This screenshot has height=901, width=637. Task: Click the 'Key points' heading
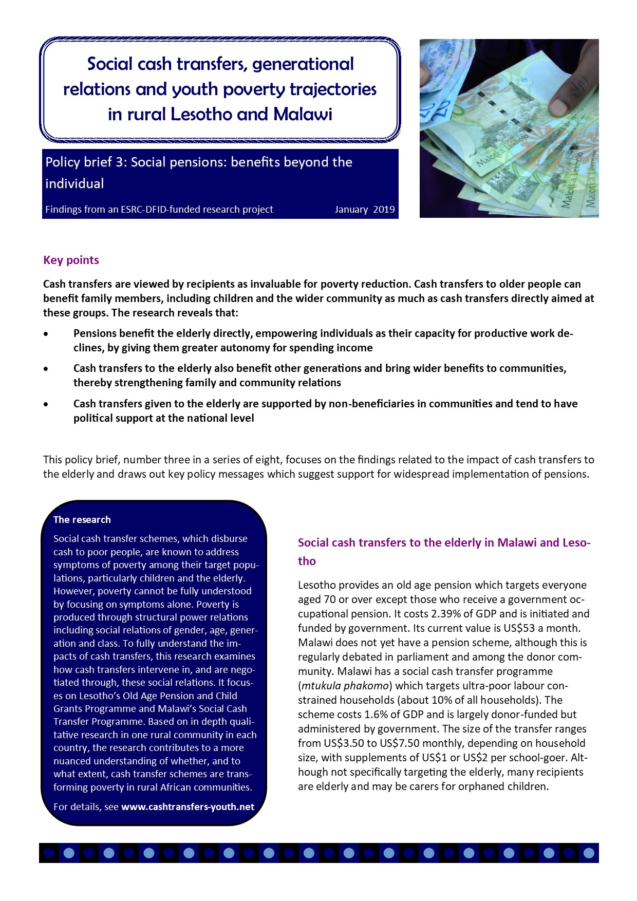click(71, 260)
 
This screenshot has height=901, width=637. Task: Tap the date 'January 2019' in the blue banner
click(364, 210)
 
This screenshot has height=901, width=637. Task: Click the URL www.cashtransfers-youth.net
click(188, 806)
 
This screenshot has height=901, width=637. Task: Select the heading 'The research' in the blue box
click(82, 519)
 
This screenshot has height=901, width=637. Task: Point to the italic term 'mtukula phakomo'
click(345, 686)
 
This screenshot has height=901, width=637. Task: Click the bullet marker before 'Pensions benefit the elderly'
click(46, 334)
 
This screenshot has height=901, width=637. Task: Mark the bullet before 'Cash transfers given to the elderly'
click(46, 404)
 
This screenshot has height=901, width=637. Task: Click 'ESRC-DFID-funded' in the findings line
click(159, 210)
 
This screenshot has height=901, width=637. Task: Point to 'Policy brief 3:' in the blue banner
click(86, 162)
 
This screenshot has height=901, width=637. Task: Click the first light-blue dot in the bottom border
click(69, 853)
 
